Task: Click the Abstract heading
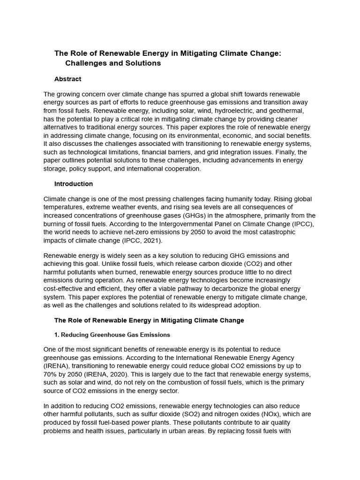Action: coord(67,79)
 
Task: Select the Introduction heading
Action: coord(74,184)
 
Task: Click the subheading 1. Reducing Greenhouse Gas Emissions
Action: coord(112,335)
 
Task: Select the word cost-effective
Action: coord(65,288)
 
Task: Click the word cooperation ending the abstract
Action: coord(182,169)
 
